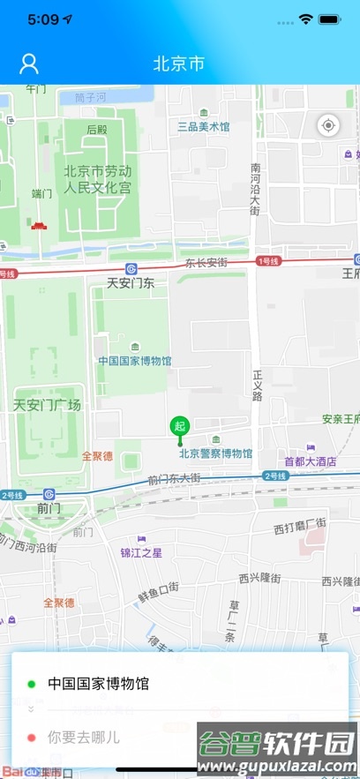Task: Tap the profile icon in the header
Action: point(29,64)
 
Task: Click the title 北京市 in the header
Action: point(179,64)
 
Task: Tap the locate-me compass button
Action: point(328,125)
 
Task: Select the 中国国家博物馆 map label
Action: point(135,360)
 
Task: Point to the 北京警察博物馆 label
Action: point(215,453)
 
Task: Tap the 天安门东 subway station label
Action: point(131,283)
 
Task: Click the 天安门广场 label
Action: point(47,405)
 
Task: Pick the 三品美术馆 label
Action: point(204,126)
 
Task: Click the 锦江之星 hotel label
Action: point(141,553)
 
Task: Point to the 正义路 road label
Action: point(257,385)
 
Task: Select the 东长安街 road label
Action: point(206,263)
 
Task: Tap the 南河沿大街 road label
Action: point(255,190)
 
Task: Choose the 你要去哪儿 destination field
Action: point(84,736)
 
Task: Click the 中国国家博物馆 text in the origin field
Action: point(98,683)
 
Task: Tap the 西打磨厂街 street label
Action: point(300,528)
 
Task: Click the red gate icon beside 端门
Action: point(39,226)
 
